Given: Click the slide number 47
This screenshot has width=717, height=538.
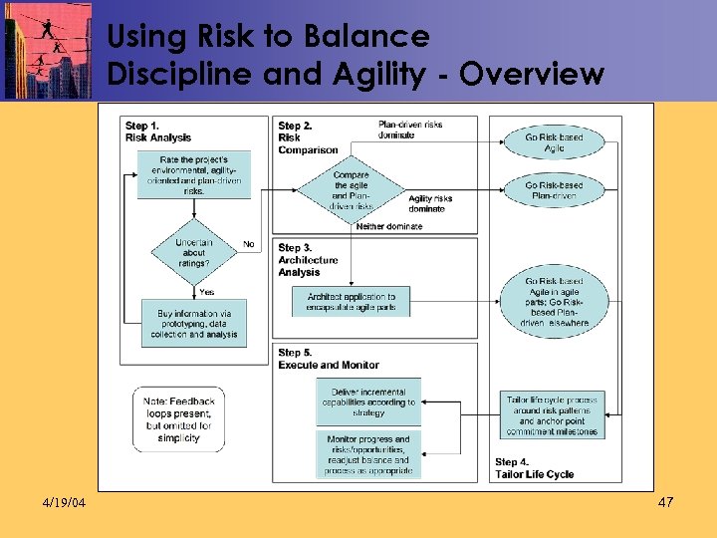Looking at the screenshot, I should click(666, 502).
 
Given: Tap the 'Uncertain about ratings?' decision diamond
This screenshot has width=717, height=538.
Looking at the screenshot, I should click(194, 254).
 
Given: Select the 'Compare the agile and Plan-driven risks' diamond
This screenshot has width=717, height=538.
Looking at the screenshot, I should click(351, 188).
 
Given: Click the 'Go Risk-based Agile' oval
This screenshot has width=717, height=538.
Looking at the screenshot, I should click(554, 142).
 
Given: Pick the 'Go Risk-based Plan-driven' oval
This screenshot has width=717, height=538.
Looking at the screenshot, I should click(554, 190).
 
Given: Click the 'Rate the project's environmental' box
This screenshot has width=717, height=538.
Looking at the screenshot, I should click(194, 175).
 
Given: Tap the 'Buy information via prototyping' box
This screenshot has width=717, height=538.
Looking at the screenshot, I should click(194, 323).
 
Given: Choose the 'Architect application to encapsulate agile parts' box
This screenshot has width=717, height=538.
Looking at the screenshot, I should click(352, 302).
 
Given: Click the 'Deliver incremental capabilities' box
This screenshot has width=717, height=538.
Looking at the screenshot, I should click(368, 402).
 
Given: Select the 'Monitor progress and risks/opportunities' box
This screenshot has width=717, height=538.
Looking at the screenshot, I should click(368, 454).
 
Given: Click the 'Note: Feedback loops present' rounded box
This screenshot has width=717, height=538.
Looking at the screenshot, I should click(178, 419).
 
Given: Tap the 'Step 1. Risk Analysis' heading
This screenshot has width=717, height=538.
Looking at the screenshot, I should click(158, 132).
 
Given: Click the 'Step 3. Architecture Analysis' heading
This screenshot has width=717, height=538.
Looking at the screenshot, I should click(308, 259).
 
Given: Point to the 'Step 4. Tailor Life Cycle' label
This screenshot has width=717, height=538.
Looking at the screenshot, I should click(534, 468).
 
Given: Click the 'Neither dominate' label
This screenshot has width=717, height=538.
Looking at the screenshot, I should click(389, 226).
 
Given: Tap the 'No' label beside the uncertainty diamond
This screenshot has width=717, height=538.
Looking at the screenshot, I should click(249, 244).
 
